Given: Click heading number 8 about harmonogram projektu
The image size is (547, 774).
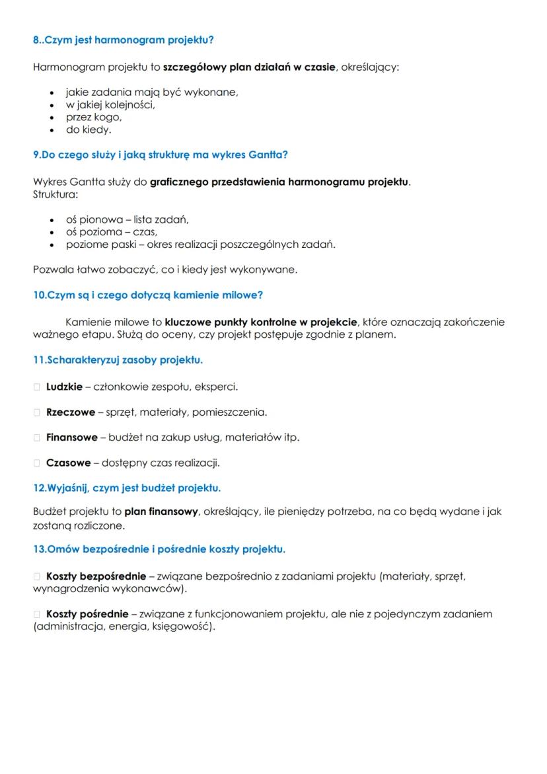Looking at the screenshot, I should click(123, 40).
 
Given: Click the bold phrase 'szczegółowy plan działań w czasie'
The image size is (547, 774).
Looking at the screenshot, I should click(249, 67).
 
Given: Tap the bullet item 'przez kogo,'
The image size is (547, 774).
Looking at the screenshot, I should click(93, 117).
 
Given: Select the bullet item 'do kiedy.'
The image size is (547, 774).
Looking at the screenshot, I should click(88, 130).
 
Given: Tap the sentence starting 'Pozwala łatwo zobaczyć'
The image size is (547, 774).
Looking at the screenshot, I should click(165, 270).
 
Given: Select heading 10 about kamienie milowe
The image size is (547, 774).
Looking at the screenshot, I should click(148, 295).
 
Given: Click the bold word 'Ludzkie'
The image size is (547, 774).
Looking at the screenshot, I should click(64, 387).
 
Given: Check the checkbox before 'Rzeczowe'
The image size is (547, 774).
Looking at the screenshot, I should click(37, 412).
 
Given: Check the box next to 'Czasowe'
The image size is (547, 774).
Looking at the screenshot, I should click(37, 463).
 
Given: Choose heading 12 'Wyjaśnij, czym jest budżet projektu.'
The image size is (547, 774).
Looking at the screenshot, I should click(127, 488).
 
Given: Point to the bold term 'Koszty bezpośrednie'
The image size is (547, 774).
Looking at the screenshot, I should click(96, 576).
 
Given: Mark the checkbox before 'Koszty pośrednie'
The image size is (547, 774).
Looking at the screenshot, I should click(37, 614).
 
